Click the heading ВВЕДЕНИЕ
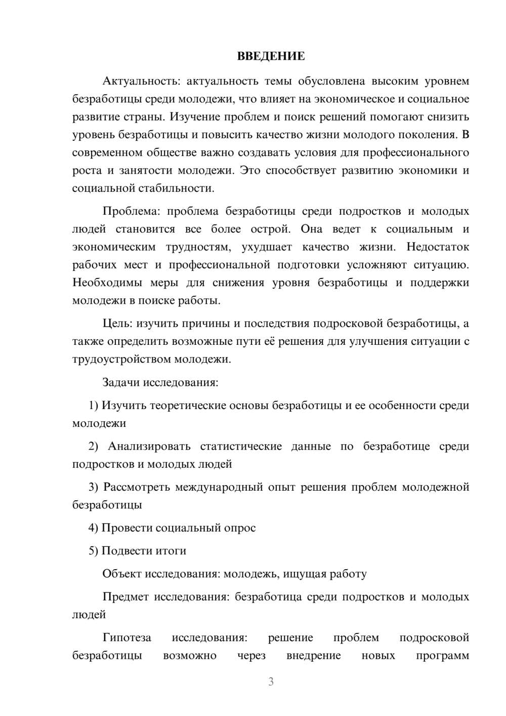coord(271,56)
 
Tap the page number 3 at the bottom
coord(271,682)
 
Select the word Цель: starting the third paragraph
coord(117,323)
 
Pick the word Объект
coord(122,574)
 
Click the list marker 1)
coord(94,405)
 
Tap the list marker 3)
coord(94,487)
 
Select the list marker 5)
coord(94,551)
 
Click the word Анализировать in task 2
coord(149,446)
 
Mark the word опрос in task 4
coord(239,528)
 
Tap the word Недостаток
coord(438,247)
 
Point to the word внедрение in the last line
coord(314,656)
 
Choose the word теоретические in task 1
coord(188,405)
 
